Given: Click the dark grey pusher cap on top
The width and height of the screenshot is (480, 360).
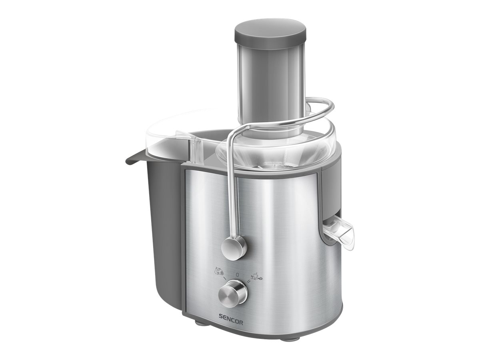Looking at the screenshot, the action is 270,33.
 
